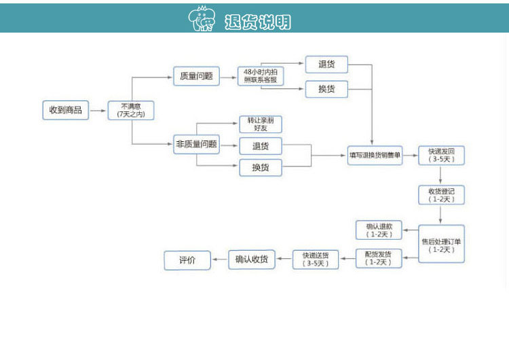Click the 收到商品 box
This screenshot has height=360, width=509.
point(65,110)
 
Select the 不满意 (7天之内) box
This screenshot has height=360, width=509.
point(131,110)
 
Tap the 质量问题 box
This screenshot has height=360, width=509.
point(196,76)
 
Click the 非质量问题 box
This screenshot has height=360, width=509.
point(196,144)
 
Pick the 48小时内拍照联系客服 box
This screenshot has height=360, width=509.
point(260,75)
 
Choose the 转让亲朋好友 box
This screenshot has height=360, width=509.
point(260,124)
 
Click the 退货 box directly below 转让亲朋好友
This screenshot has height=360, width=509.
point(260,145)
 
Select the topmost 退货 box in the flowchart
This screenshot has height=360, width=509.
point(326,65)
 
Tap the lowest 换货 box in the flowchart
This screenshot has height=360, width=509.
point(260,167)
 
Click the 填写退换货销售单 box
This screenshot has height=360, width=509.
point(375,156)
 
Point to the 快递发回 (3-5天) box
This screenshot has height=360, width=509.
point(441,156)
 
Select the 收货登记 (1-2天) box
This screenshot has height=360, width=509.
point(441,195)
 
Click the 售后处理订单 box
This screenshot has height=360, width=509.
point(441,244)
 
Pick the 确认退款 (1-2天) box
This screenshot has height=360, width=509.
point(379,230)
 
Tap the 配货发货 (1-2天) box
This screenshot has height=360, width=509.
point(379,258)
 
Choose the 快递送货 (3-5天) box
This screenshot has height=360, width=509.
point(316,259)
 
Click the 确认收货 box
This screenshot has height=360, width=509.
point(252,259)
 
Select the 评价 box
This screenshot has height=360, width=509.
point(187,259)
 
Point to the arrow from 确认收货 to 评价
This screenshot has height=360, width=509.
point(219,259)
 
